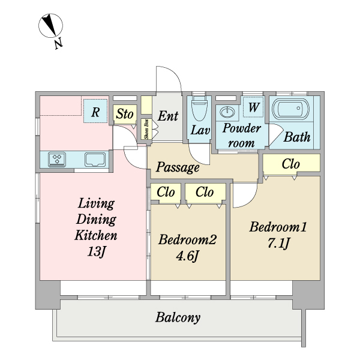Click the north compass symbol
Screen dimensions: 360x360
(x=50, y=25)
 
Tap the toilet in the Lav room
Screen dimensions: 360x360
(x=199, y=109)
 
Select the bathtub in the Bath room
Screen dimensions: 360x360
(x=290, y=109)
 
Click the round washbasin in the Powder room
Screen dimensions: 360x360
(x=227, y=112)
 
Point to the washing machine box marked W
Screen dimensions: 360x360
(x=253, y=107)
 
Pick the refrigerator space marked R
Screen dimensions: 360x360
(x=95, y=111)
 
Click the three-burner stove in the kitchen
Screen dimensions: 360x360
(x=57, y=160)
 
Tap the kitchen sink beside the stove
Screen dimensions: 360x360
(x=95, y=160)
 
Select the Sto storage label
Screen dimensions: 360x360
(x=125, y=114)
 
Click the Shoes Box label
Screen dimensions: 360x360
(x=146, y=130)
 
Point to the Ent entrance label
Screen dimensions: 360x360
(x=168, y=116)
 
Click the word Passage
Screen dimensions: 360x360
(x=178, y=167)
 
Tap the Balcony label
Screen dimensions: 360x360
(x=178, y=318)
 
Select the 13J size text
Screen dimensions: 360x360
(x=96, y=251)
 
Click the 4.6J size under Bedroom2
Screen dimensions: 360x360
(x=187, y=256)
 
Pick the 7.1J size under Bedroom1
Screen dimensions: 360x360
(x=278, y=243)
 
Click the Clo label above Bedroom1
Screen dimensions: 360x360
(x=291, y=164)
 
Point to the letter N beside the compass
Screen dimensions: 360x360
(x=59, y=43)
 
